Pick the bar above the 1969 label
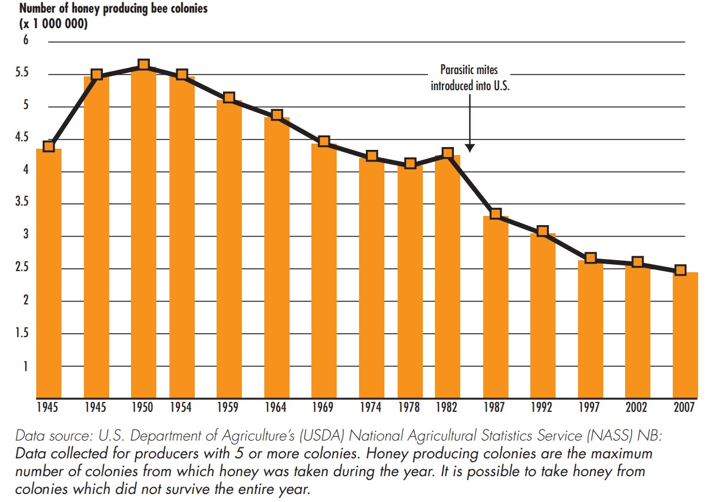(x=324, y=270)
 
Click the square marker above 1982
(x=448, y=153)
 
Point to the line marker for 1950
(x=144, y=65)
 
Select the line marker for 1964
(x=277, y=115)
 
